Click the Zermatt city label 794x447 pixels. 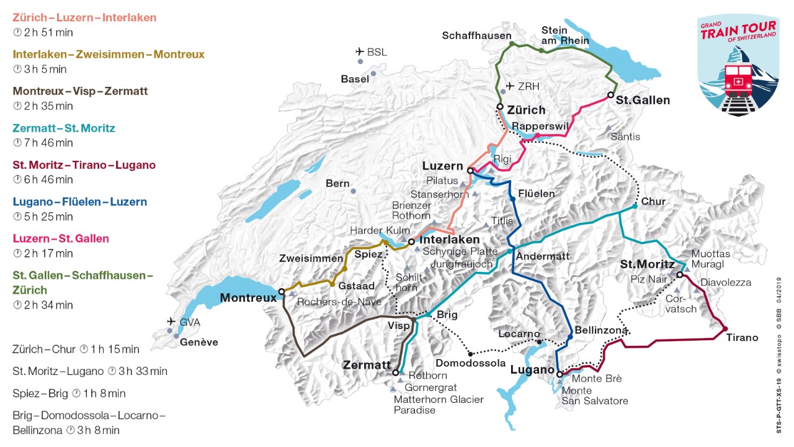367,365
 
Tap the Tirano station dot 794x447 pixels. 725,328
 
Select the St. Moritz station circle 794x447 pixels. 679,274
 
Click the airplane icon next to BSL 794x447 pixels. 359,52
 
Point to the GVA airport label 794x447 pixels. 190,322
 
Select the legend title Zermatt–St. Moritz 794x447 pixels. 64,129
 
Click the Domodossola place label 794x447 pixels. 470,363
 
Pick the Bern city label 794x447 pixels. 337,184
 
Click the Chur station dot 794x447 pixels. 635,206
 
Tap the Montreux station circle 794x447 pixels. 281,291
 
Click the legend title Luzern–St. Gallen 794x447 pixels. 61,239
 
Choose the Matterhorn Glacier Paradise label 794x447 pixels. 439,405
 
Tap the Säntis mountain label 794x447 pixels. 625,136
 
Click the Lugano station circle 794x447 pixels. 560,374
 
